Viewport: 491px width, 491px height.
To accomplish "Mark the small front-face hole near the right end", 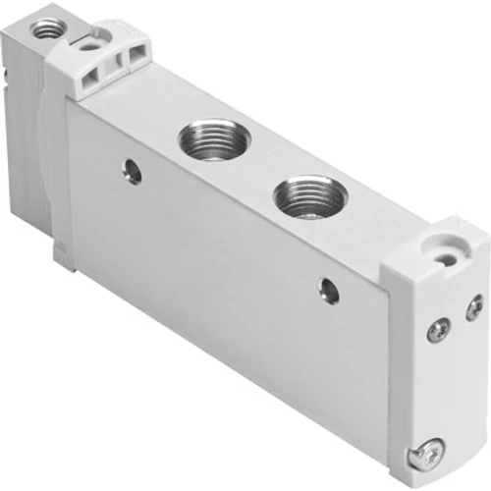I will coord(326,288).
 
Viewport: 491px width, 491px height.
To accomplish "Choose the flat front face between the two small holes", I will coord(226,245).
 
